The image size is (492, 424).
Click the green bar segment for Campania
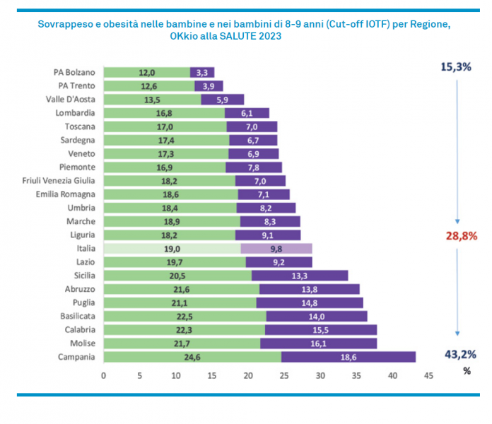192,357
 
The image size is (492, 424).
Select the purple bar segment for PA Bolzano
202,72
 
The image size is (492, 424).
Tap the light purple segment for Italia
276,249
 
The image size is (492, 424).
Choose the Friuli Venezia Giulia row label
59,180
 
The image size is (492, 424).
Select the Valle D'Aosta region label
70,99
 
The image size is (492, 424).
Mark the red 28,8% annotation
461,236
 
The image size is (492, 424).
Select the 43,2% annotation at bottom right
460,354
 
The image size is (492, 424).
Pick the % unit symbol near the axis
466,370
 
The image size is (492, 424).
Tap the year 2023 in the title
266,35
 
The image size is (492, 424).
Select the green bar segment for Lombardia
164,113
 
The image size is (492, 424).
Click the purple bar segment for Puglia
309,302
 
